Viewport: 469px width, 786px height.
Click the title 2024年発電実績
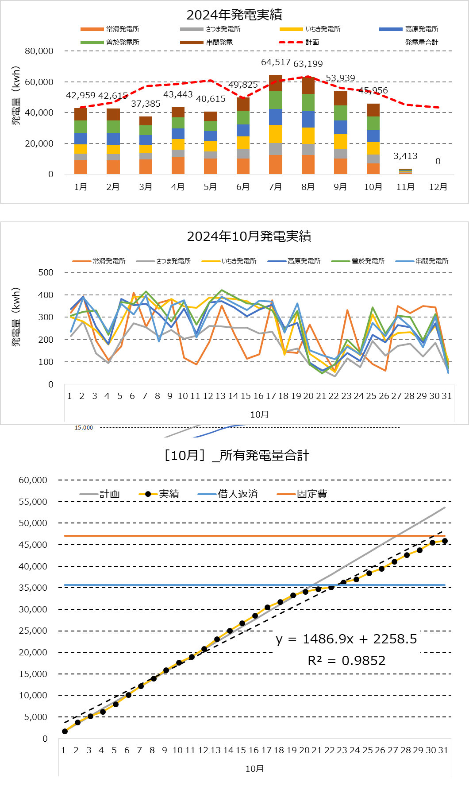(234, 15)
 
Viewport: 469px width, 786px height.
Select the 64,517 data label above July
(276, 62)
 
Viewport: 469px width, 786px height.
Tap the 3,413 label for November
(405, 156)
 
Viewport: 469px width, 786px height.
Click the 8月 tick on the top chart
(308, 187)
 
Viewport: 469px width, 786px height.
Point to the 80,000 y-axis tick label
(39, 51)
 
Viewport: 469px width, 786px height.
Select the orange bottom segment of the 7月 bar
(276, 164)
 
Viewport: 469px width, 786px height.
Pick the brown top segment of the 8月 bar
(308, 85)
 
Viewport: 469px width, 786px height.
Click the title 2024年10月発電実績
(249, 236)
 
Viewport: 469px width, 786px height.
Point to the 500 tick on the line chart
(46, 272)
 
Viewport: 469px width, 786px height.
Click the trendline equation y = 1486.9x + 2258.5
(346, 639)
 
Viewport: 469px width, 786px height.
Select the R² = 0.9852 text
(346, 661)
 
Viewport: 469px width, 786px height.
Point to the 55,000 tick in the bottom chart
(33, 502)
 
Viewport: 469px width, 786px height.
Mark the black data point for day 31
(445, 541)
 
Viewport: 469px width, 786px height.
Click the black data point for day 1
(65, 731)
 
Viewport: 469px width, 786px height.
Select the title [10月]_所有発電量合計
(236, 456)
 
